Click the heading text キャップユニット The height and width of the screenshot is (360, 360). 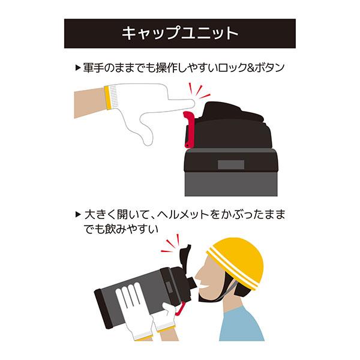point(180,34)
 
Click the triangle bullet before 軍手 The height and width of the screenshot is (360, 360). point(78,68)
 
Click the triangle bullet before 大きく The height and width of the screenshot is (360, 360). point(78,215)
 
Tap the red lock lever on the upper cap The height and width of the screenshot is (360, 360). point(189,129)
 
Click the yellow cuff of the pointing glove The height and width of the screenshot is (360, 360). point(108,97)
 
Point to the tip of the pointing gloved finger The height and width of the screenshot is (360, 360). point(194,104)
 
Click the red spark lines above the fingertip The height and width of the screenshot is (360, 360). point(199,91)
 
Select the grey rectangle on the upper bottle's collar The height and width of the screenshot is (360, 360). point(231,164)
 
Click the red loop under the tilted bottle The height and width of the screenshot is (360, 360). point(180,309)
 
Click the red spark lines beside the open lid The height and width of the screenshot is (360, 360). point(171,244)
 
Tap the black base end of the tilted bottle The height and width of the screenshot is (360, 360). point(103,308)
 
